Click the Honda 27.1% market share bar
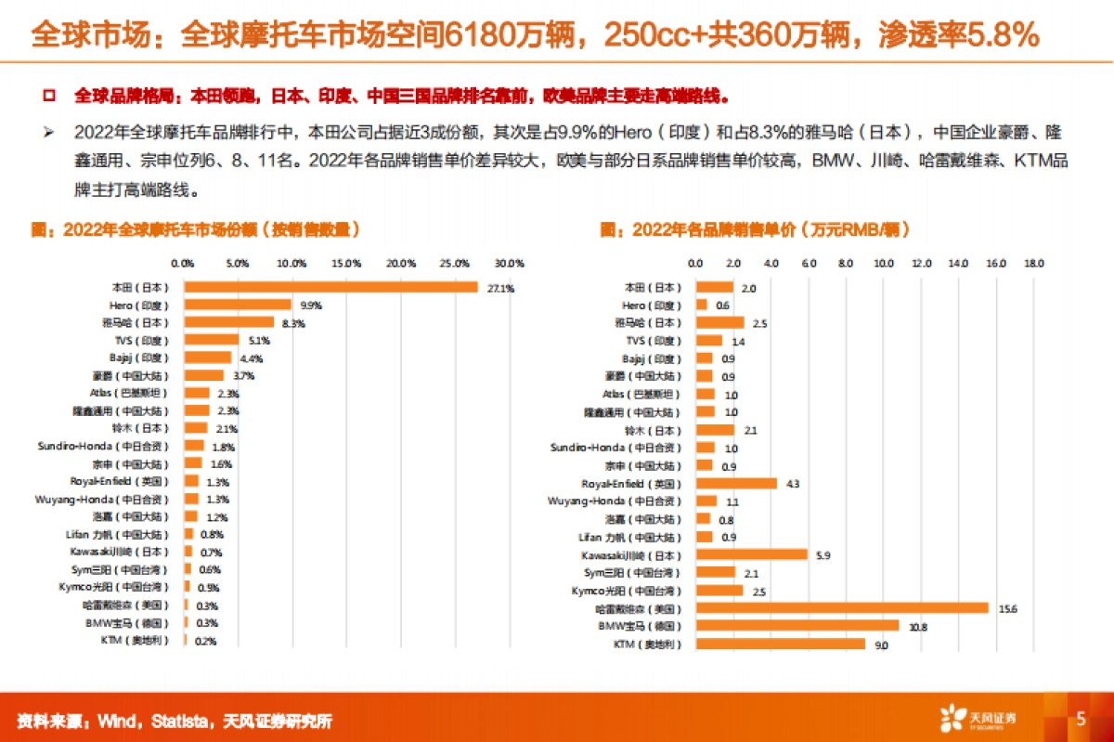330,287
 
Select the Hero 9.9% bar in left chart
238,305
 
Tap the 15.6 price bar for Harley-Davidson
842,608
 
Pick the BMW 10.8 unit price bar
797,626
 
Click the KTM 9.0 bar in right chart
780,644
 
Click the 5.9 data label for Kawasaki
822,554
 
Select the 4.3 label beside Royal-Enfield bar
792,484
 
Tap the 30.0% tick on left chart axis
511,264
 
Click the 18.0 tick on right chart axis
1034,264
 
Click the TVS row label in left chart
136,341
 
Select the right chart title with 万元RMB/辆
755,229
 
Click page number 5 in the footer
1081,718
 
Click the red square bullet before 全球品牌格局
49,96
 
